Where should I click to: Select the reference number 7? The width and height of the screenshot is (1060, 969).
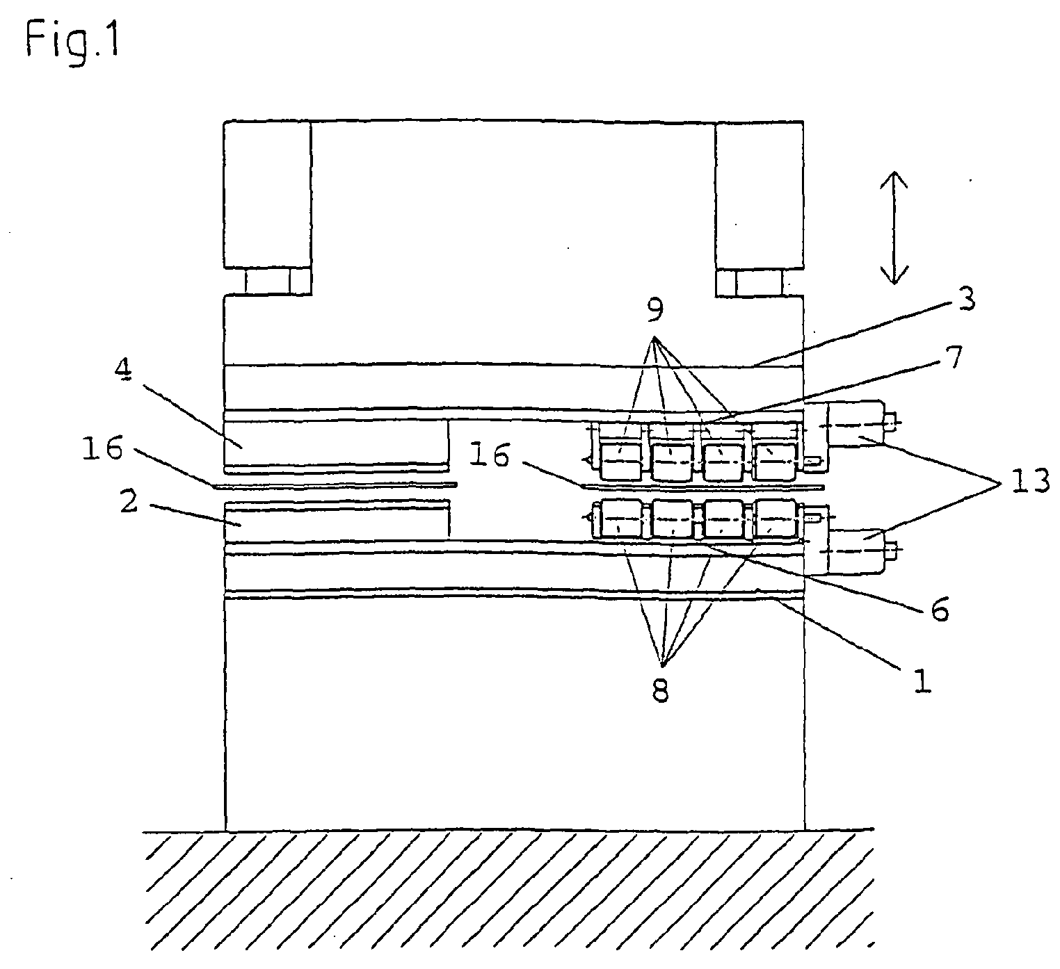pos(954,357)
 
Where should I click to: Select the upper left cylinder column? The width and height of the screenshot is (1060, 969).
pos(267,195)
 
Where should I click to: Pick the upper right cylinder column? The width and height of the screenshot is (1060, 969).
pos(759,195)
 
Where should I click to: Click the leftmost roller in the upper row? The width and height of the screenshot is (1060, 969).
pos(620,461)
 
